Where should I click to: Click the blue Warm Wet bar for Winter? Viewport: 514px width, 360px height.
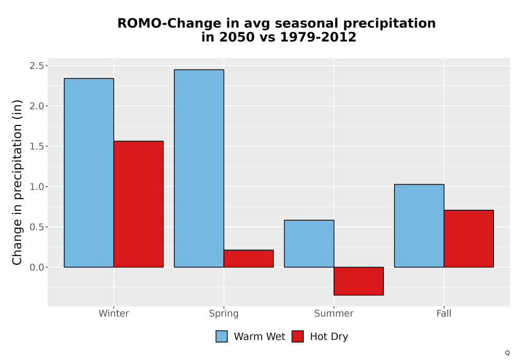point(89,173)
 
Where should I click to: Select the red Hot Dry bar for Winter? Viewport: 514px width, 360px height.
point(138,204)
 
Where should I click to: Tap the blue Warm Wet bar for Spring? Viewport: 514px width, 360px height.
point(199,168)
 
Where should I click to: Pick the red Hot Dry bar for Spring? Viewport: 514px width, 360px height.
point(248,259)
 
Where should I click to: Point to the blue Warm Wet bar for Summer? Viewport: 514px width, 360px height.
point(309,244)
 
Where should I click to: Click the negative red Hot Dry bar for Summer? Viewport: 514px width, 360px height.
point(359,281)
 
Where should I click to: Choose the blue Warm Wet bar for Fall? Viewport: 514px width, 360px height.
point(419,226)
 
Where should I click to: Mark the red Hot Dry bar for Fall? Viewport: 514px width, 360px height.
point(469,239)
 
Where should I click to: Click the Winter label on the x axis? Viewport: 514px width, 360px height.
point(114,313)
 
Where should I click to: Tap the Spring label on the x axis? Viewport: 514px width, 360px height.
point(224,314)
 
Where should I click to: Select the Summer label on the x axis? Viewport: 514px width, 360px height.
point(334,313)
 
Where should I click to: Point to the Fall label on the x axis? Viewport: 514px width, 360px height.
point(444,313)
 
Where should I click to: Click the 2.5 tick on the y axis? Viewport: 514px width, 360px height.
point(36,66)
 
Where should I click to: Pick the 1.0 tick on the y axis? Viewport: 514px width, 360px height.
point(36,187)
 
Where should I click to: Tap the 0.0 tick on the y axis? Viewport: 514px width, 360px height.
point(36,267)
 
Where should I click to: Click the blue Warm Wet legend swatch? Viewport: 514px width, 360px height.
point(222,336)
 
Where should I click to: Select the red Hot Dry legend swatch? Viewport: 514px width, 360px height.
point(298,336)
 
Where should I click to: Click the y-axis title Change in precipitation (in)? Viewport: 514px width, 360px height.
point(17,182)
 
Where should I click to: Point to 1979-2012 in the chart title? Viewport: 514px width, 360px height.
point(318,37)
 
